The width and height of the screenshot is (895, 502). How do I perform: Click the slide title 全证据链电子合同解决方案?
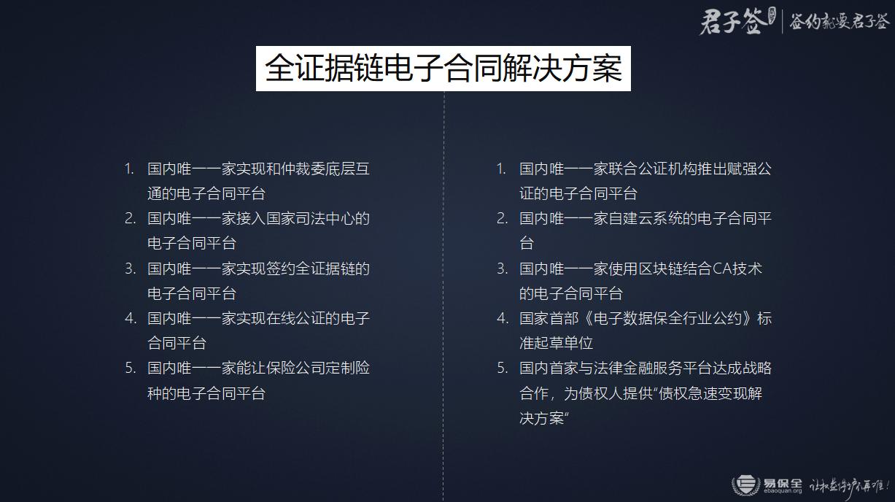(443, 69)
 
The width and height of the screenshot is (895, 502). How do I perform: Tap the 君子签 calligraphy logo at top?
(734, 22)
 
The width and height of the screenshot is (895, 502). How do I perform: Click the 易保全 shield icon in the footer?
(745, 484)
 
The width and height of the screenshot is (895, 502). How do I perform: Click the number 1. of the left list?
(129, 169)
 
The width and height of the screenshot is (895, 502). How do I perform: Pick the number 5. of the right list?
(502, 368)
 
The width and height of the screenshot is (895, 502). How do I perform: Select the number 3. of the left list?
(130, 269)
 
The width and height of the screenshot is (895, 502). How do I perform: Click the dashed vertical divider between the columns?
(444, 292)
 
